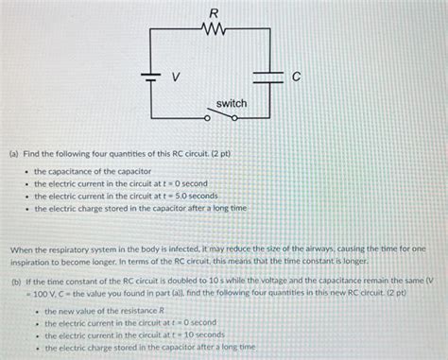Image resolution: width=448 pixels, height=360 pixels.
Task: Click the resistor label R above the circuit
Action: [214, 13]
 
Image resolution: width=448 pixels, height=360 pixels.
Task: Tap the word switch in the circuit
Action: [232, 102]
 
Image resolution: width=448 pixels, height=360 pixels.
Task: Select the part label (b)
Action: [17, 282]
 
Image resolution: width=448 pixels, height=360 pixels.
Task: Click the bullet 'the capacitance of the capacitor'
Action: [86, 171]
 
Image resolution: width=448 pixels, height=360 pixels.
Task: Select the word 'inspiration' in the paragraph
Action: [32, 261]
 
